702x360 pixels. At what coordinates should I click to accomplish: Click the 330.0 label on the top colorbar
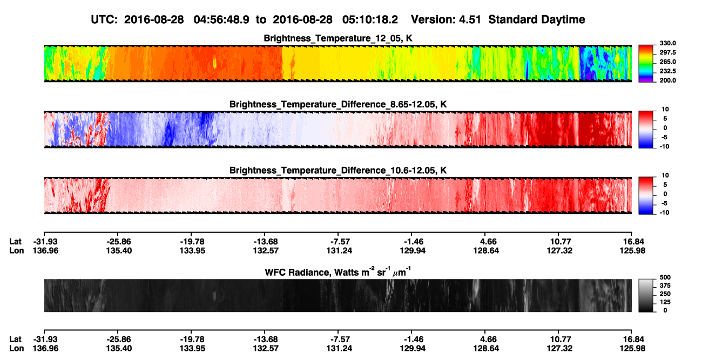click(x=667, y=43)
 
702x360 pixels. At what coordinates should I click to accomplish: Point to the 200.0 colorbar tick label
click(x=667, y=80)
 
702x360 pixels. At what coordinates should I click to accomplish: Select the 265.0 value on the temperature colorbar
click(x=667, y=62)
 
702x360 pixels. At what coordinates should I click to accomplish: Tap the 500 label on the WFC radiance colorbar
click(x=665, y=277)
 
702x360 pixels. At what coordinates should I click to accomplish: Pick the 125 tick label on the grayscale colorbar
click(x=665, y=302)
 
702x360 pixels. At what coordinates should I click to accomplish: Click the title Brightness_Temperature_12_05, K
click(x=338, y=38)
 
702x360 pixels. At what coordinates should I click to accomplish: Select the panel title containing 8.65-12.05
click(x=338, y=104)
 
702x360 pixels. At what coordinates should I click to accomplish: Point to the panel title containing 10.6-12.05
click(x=338, y=171)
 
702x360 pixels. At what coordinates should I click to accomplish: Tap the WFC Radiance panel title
click(x=338, y=272)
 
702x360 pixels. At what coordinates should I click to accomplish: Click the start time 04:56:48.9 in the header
click(x=221, y=20)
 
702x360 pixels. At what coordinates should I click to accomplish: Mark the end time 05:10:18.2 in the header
click(x=370, y=20)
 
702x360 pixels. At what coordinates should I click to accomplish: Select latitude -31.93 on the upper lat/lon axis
click(x=45, y=242)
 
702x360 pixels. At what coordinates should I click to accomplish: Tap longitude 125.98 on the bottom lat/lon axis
click(x=632, y=349)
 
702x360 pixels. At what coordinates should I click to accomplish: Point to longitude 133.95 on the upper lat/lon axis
click(x=192, y=250)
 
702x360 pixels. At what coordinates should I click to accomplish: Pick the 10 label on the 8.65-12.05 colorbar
click(x=665, y=110)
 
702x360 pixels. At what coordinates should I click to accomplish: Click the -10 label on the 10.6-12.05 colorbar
click(x=664, y=213)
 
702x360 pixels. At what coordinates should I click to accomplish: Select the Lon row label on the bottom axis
click(x=17, y=349)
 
